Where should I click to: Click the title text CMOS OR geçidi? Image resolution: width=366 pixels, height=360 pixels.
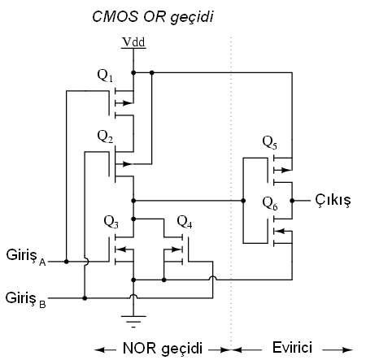click(x=153, y=18)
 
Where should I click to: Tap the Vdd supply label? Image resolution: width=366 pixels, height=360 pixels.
click(x=133, y=42)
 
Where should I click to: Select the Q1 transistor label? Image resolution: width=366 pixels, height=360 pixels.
click(x=105, y=76)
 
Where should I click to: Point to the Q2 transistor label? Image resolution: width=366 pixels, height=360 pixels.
click(x=105, y=137)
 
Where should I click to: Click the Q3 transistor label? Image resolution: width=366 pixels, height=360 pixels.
click(x=111, y=222)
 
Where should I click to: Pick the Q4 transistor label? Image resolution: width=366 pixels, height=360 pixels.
click(x=185, y=222)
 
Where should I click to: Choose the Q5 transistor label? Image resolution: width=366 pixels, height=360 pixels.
click(x=270, y=142)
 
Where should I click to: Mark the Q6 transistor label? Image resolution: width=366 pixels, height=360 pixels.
click(x=270, y=203)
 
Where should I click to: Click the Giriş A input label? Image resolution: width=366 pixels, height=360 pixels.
click(x=26, y=257)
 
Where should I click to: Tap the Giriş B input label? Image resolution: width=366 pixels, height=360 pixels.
click(x=25, y=300)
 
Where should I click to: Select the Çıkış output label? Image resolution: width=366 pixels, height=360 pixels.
click(x=333, y=201)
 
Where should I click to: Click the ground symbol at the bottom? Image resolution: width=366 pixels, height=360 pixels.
click(x=133, y=322)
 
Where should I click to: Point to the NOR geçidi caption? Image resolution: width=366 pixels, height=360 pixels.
click(x=163, y=348)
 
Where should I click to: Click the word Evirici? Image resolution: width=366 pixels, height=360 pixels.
click(x=292, y=347)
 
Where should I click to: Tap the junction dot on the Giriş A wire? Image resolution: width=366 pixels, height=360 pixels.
click(x=67, y=262)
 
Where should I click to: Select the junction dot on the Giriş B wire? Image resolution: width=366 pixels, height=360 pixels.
click(x=85, y=298)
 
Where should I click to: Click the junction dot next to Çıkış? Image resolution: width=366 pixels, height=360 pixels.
click(x=292, y=201)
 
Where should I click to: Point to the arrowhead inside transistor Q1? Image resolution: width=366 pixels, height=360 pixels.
click(x=128, y=103)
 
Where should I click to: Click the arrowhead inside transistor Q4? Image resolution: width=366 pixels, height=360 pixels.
click(x=176, y=249)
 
